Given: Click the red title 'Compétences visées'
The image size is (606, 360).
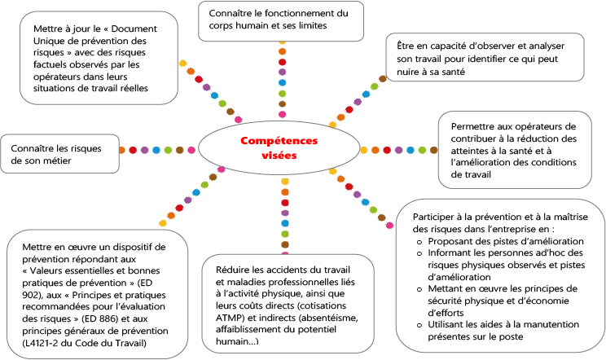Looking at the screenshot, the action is [279, 148].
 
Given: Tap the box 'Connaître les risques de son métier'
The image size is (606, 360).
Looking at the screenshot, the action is [60, 154].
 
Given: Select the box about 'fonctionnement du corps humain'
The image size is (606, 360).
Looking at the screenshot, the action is [281, 21].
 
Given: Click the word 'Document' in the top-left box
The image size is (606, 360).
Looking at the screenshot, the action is [134, 29].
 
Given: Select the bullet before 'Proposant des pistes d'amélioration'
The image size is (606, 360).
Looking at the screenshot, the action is [419, 242].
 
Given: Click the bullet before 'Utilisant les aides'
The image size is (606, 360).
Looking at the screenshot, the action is [419, 325].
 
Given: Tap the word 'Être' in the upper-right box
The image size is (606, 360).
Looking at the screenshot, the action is [405, 46].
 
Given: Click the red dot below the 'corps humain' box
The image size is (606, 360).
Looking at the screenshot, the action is [282, 62].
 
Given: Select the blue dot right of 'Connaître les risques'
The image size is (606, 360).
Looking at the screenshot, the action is [156, 150].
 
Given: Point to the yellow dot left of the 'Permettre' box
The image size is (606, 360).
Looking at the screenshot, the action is [363, 150].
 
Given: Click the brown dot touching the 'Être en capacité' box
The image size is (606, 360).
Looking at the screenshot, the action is [383, 79].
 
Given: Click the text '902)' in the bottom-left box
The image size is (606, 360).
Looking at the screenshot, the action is [30, 295].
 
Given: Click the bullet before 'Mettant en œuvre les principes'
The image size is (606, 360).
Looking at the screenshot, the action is [419, 290].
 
